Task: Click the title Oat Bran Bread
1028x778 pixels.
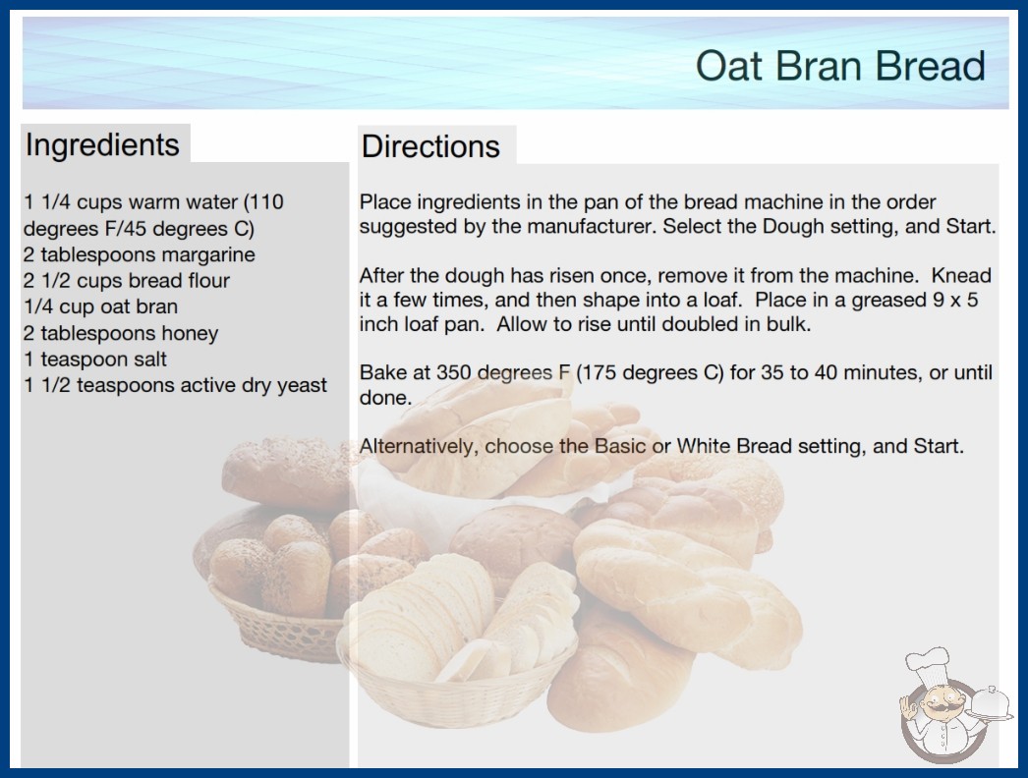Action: tap(840, 66)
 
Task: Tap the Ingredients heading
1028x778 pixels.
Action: tap(102, 145)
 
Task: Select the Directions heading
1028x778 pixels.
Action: tap(430, 146)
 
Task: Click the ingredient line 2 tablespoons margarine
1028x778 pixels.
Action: tap(139, 254)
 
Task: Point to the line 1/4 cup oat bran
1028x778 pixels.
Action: tap(100, 306)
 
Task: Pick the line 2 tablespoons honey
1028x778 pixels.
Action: tap(121, 333)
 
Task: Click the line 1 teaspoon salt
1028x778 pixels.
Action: tap(95, 360)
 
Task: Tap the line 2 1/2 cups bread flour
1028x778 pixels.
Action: tap(127, 281)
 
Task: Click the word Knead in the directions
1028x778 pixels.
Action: tap(961, 275)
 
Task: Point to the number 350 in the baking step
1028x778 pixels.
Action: tap(454, 372)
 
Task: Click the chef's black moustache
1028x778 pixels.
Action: tap(938, 708)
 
